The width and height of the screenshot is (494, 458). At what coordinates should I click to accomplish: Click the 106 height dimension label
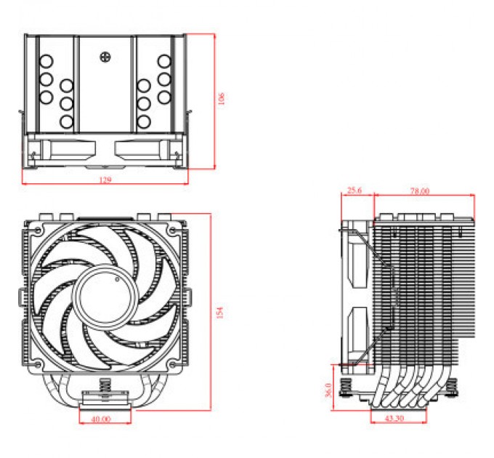point(222,97)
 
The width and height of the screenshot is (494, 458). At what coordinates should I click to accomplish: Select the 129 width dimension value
point(106,180)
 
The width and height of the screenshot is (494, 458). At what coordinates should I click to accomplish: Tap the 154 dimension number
point(219,312)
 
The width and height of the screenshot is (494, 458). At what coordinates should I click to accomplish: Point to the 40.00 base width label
point(102,419)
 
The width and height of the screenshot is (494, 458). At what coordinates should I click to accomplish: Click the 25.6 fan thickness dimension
point(355,191)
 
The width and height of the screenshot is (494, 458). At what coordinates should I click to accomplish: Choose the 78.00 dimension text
point(419,191)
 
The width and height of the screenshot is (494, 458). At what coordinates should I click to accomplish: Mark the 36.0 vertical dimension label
point(328,390)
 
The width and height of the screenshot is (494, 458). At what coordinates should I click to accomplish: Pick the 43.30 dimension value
point(394,420)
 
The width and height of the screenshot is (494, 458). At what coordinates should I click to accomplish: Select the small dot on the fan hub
point(114,279)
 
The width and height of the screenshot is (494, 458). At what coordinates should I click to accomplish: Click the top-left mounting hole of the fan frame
point(33,230)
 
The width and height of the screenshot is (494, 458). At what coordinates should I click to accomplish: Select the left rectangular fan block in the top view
point(68,149)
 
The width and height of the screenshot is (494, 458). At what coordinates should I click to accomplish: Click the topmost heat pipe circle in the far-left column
point(46,62)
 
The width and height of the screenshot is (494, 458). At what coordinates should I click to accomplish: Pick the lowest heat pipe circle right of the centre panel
point(144,121)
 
